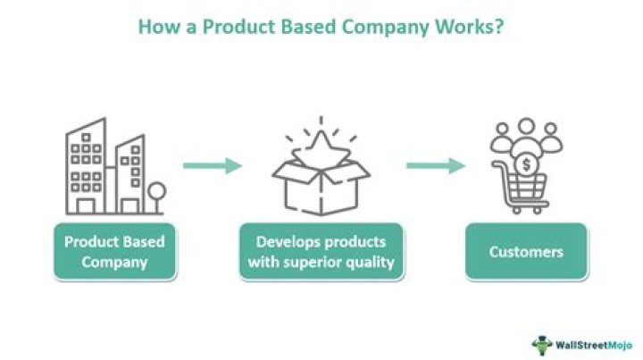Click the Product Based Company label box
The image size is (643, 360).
coord(113,252)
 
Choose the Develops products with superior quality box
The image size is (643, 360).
coord(321,252)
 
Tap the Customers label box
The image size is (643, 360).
coord(526,252)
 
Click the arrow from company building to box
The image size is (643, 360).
coord(213,165)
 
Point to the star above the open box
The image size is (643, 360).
coord(321,142)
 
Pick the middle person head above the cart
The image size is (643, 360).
coord(526,128)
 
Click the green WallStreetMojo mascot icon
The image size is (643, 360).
coord(542,344)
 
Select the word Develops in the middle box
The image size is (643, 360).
coord(286,241)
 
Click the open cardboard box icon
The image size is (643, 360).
coord(321,183)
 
